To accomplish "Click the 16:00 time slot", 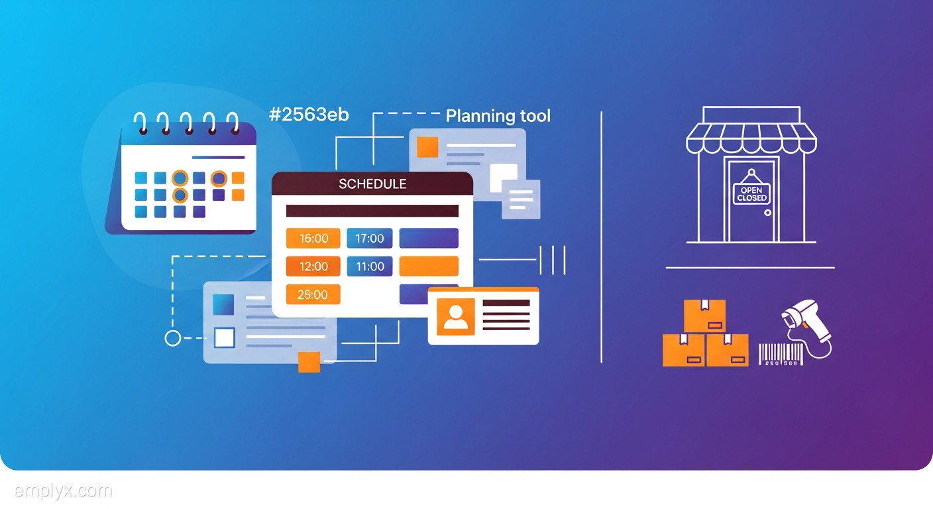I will [313, 238].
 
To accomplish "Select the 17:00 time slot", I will [370, 238].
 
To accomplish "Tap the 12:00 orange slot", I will [313, 266].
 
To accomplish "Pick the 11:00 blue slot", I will [370, 266].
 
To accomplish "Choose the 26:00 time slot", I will [313, 294].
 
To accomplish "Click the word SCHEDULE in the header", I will [372, 184].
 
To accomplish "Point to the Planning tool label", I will [498, 116].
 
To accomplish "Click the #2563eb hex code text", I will [309, 114].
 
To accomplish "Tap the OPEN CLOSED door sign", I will [751, 194].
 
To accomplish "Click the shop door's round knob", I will [767, 213].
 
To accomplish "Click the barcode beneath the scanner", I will [780, 353].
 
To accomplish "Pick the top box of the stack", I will [704, 315].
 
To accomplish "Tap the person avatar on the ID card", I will [455, 317].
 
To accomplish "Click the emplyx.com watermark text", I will [63, 491].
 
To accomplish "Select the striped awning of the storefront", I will [751, 138].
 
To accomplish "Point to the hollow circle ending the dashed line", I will [172, 338].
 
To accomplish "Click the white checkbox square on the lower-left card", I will [225, 338].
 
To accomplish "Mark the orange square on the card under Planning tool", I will [427, 147].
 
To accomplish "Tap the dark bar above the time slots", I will [372, 211].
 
